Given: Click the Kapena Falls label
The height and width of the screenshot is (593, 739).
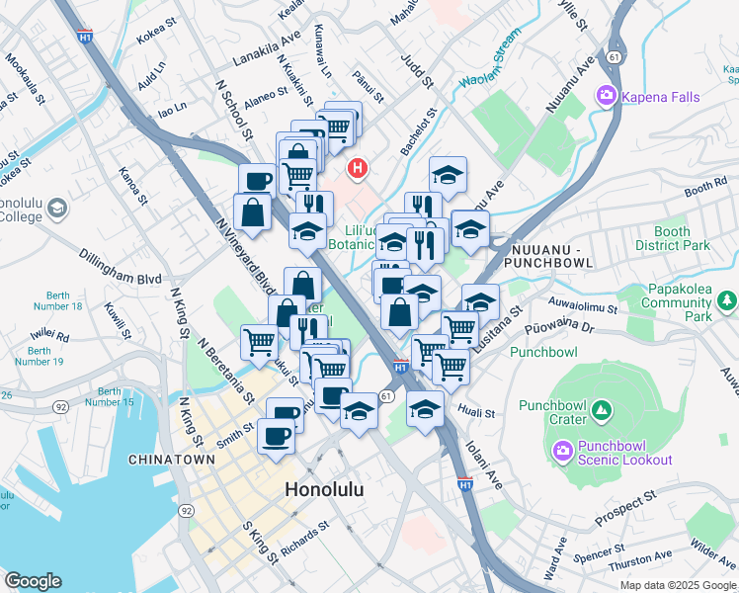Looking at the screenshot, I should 660,97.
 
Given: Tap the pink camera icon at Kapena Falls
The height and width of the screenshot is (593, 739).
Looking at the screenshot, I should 605,97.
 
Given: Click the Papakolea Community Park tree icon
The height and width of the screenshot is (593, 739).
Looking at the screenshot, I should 727,299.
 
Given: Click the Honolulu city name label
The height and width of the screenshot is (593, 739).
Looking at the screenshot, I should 324,489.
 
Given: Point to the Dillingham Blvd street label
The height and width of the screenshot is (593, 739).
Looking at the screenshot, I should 121,267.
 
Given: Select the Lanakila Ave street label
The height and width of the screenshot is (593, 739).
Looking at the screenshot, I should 266,50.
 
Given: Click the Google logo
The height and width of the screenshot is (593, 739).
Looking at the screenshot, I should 34,581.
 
